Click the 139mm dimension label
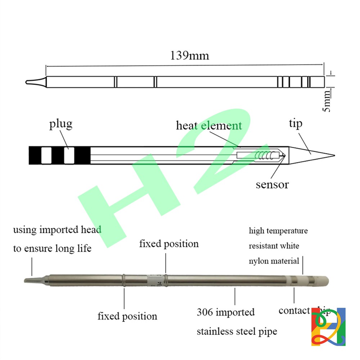pyautogui.click(x=189, y=56)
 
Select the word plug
pyautogui.click(x=61, y=124)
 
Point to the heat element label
pyautogui.click(x=209, y=126)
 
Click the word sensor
pyautogui.click(x=272, y=185)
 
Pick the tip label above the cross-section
pyautogui.click(x=296, y=123)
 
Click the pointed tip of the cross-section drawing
pyautogui.click(x=333, y=156)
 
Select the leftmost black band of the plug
pyautogui.click(x=35, y=156)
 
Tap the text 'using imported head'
pyautogui.click(x=57, y=229)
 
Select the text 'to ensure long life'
pyautogui.click(x=52, y=248)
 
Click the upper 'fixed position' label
pyautogui.click(x=169, y=244)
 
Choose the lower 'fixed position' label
pyautogui.click(x=127, y=316)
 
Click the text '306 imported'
pyautogui.click(x=226, y=312)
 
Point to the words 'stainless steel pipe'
pyautogui.click(x=237, y=331)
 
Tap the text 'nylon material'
pyautogui.click(x=274, y=261)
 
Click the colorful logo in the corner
pyautogui.click(x=328, y=327)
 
